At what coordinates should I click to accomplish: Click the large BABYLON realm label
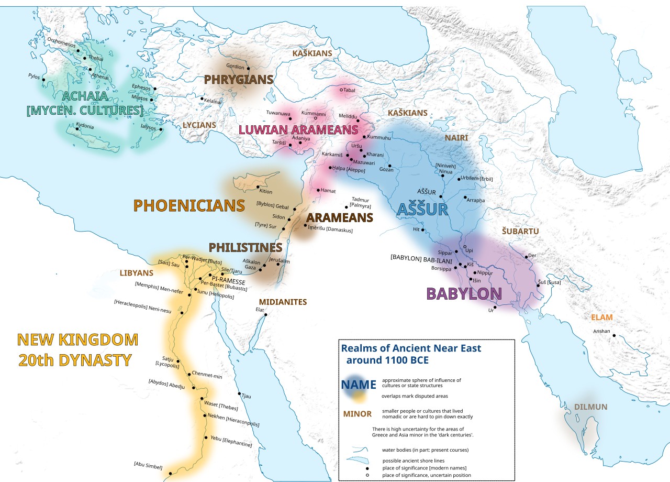click(x=464, y=293)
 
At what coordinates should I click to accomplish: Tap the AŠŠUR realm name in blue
click(x=422, y=210)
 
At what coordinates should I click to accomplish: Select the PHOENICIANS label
click(x=189, y=205)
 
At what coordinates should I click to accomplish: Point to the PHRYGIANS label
click(x=239, y=80)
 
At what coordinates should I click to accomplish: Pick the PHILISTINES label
click(x=245, y=247)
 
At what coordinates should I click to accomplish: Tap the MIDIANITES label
click(x=283, y=302)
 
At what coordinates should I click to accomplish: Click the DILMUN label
click(x=590, y=407)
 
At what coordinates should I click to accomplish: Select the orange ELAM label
click(x=601, y=317)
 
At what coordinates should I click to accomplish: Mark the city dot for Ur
click(x=495, y=308)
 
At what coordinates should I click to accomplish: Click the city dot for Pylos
click(x=43, y=80)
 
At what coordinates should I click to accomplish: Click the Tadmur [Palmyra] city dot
click(x=346, y=207)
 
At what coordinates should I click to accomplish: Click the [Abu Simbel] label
click(x=148, y=466)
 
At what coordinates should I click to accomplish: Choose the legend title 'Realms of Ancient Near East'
click(x=411, y=348)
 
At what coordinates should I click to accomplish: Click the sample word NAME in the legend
click(x=359, y=385)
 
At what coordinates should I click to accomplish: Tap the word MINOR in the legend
click(x=357, y=414)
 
